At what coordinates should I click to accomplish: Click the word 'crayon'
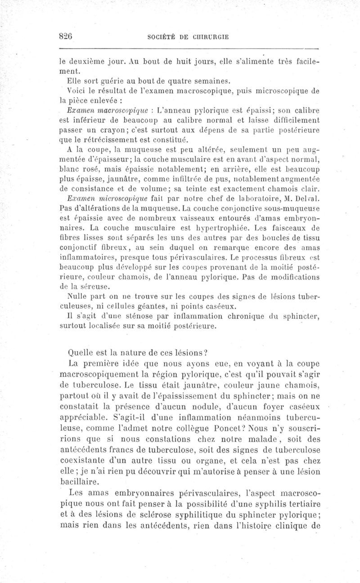[x=101, y=129]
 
